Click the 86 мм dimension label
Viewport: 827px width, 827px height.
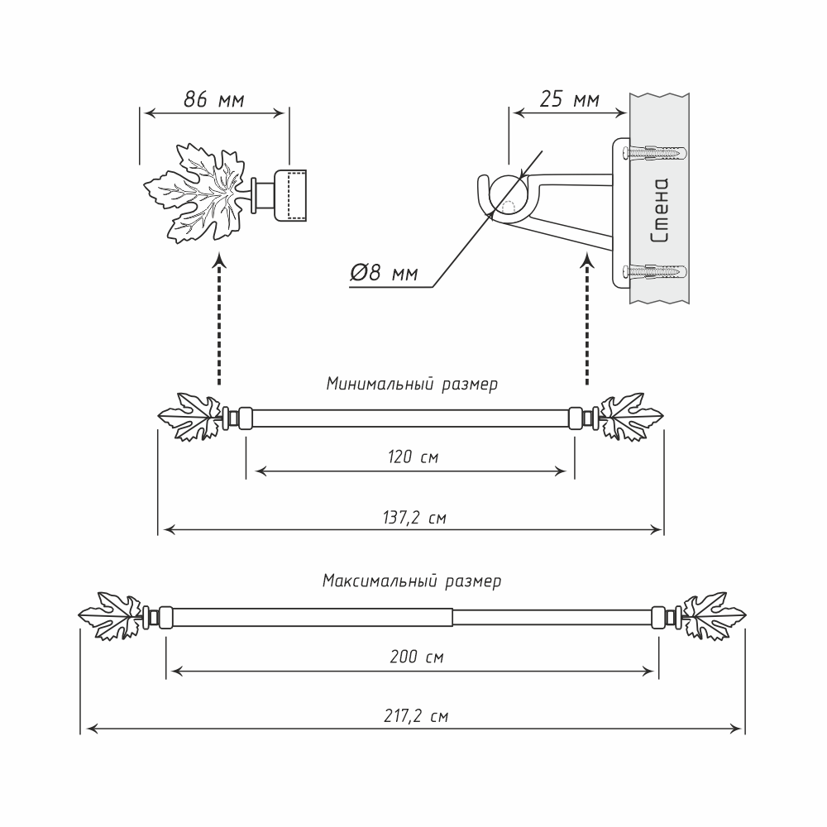coord(213,101)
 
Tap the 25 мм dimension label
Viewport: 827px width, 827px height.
coord(569,101)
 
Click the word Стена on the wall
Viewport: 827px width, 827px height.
coord(660,212)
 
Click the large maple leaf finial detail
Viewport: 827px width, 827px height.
coord(192,194)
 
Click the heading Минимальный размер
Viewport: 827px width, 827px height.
coord(411,385)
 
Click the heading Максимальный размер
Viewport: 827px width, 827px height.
coord(411,581)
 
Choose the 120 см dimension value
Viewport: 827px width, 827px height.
coord(411,456)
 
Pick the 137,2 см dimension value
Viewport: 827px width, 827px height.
coord(411,519)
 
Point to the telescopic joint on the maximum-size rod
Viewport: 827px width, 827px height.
coord(453,617)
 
